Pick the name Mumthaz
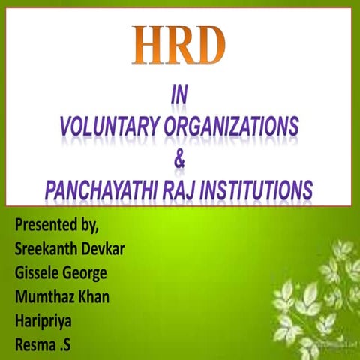coord(44,297)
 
